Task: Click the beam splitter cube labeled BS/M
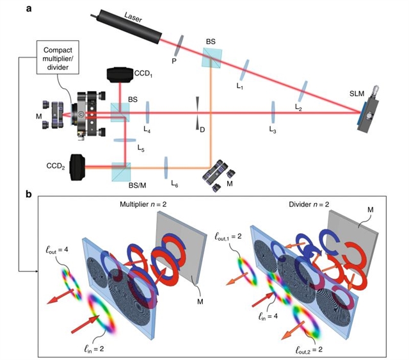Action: [120, 170]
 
